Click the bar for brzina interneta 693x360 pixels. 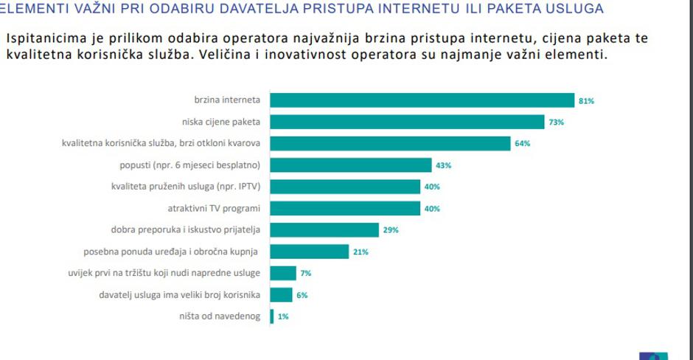click(x=422, y=100)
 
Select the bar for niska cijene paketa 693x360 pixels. click(x=408, y=122)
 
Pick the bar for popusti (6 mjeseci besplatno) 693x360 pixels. click(x=351, y=165)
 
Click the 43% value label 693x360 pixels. click(x=445, y=165)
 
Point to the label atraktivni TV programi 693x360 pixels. click(x=216, y=208)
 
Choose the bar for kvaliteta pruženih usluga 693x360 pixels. click(x=345, y=187)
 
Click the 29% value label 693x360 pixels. click(x=391, y=230)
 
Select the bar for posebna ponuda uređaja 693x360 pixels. click(x=310, y=252)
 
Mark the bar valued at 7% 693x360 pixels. click(x=283, y=274)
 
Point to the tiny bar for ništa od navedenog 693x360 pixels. click(x=272, y=316)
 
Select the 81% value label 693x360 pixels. click(x=587, y=101)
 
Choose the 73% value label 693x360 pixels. click(x=557, y=122)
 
